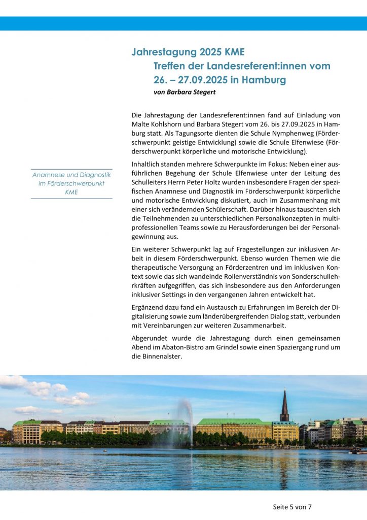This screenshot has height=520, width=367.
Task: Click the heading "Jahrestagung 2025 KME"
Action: point(188,52)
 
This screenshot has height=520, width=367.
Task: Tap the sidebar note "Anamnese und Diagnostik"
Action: point(71,175)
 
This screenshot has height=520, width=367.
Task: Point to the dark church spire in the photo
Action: point(284,406)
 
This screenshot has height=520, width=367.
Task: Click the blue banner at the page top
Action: point(183,23)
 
